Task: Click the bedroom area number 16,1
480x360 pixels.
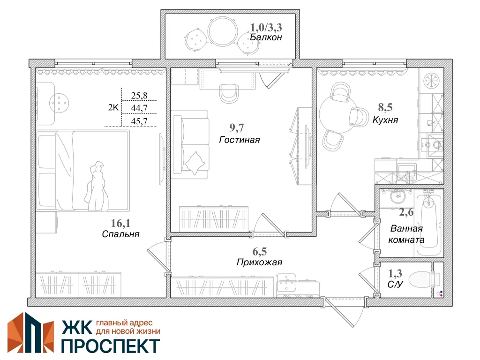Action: [x=120, y=223]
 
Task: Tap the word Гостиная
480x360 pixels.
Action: [x=240, y=140]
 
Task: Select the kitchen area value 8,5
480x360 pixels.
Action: [x=385, y=107]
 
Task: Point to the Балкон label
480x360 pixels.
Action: [x=266, y=37]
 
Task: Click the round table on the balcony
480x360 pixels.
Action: [x=223, y=31]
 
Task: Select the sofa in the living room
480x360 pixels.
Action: [x=190, y=144]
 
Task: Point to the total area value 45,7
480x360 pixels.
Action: [x=139, y=121]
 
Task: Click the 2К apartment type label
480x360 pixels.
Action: [x=113, y=107]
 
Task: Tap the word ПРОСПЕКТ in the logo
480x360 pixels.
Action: [x=111, y=345]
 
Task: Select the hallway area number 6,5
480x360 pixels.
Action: [x=259, y=252]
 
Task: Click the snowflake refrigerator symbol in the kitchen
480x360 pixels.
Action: [x=431, y=81]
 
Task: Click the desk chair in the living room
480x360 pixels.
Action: [x=229, y=93]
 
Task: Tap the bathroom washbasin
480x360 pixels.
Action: [x=397, y=195]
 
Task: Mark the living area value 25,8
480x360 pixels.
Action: [x=139, y=96]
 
